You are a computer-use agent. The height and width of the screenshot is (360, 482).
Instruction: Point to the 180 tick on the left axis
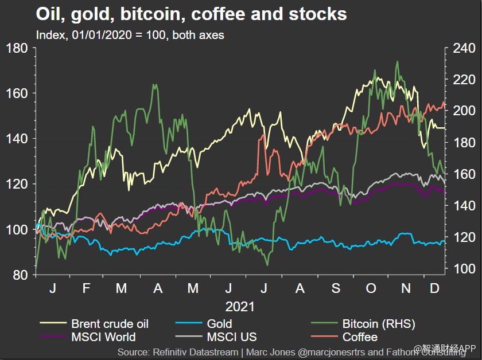[18, 48]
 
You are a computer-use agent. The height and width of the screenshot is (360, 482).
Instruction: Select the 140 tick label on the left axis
[18, 139]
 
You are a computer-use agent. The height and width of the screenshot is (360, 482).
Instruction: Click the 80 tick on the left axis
[21, 275]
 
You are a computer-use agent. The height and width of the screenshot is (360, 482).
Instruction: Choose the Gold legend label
[219, 324]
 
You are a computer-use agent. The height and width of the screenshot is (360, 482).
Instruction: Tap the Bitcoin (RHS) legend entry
[378, 324]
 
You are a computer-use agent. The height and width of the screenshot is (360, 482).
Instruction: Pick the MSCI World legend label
[103, 337]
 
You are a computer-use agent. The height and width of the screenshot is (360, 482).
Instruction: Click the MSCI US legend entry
[232, 337]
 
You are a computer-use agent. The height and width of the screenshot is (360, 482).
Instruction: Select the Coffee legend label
[360, 337]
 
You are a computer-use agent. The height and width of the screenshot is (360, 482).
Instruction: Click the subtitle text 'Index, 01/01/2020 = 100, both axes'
[130, 34]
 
